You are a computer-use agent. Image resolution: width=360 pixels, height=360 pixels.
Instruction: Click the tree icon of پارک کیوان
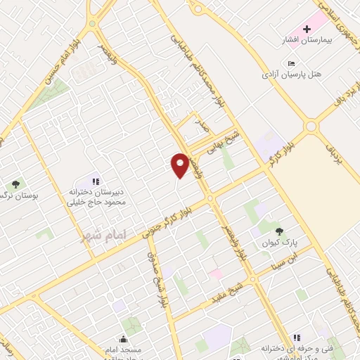(279, 230)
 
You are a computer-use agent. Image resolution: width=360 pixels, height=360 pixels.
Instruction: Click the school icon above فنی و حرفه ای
(297, 337)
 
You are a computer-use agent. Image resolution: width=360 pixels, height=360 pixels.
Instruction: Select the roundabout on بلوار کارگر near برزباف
(309, 127)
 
